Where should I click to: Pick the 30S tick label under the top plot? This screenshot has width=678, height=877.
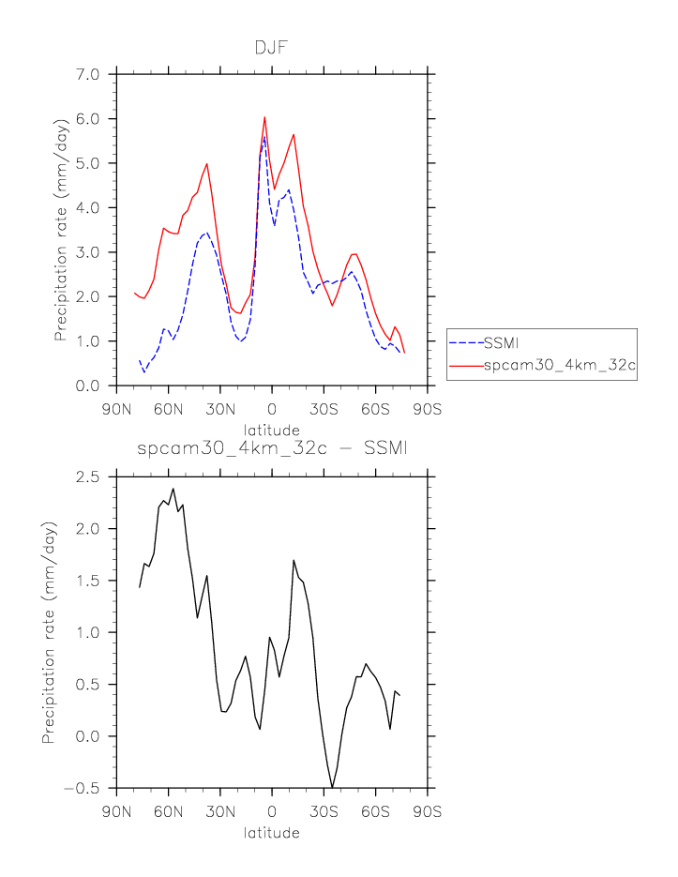click(324, 409)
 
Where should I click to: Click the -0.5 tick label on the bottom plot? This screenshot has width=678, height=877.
click(86, 789)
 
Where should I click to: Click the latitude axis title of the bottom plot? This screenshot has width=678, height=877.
click(271, 833)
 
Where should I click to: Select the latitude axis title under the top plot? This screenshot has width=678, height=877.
click(271, 430)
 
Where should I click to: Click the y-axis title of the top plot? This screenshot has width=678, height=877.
click(60, 229)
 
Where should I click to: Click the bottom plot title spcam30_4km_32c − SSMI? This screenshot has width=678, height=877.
click(272, 450)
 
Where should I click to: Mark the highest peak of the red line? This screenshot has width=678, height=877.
click(264, 117)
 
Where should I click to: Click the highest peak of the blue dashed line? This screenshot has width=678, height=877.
click(264, 137)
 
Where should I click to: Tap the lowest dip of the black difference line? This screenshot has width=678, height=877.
click(332, 787)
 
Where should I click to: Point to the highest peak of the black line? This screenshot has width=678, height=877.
click(173, 489)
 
